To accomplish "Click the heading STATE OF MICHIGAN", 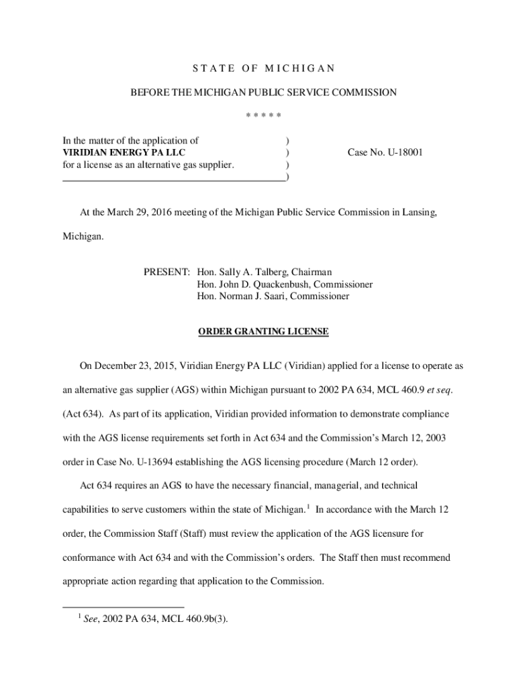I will click(x=263, y=68).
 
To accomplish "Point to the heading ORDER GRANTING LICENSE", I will click(x=263, y=331).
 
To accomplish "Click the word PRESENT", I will click(x=167, y=272).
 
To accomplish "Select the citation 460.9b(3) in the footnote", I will click(x=205, y=620).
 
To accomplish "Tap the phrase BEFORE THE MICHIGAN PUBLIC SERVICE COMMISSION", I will click(x=263, y=93).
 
